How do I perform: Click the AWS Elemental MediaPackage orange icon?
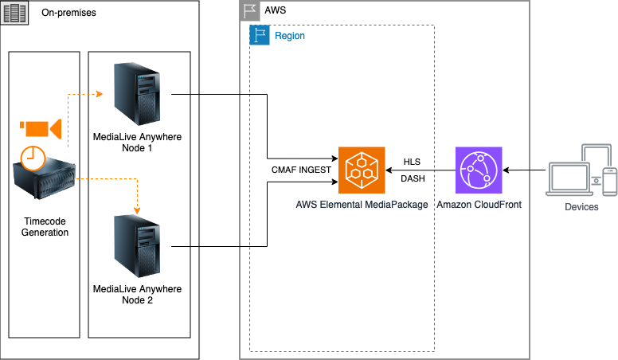click(361, 170)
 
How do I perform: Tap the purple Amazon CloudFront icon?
click(479, 170)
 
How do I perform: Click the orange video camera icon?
click(40, 128)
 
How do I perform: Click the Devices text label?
click(581, 206)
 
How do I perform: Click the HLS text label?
click(412, 162)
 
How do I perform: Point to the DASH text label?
click(412, 178)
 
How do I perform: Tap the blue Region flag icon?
click(260, 35)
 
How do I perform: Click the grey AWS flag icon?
click(250, 11)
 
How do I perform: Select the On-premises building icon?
click(14, 14)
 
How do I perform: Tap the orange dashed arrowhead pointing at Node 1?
click(100, 94)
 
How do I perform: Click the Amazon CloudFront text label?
click(479, 205)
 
